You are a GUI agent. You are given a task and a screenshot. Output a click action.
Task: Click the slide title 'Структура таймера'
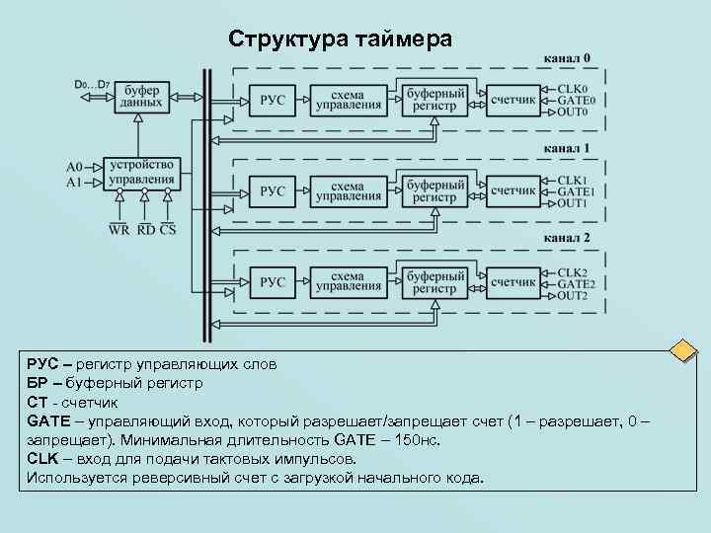pyautogui.click(x=341, y=39)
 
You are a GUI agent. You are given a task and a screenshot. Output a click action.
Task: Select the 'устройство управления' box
pyautogui.click(x=141, y=173)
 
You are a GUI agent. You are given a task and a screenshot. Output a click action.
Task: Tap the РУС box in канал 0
pyautogui.click(x=273, y=100)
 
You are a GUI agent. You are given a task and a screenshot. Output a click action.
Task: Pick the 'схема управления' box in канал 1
pyautogui.click(x=348, y=190)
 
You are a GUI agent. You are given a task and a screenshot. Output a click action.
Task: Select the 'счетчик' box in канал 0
pyautogui.click(x=513, y=100)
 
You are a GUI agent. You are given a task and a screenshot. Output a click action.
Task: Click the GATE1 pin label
pyautogui.click(x=575, y=191)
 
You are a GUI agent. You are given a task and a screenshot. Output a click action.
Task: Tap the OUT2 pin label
pyautogui.click(x=573, y=295)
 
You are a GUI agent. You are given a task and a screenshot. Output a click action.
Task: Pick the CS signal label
pyautogui.click(x=168, y=229)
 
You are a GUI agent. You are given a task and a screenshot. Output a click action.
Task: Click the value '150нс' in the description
pyautogui.click(x=422, y=439)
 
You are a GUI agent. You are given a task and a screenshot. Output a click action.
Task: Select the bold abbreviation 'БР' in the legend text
pyautogui.click(x=38, y=383)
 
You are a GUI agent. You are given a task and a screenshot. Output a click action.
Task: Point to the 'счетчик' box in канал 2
pyautogui.click(x=513, y=282)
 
